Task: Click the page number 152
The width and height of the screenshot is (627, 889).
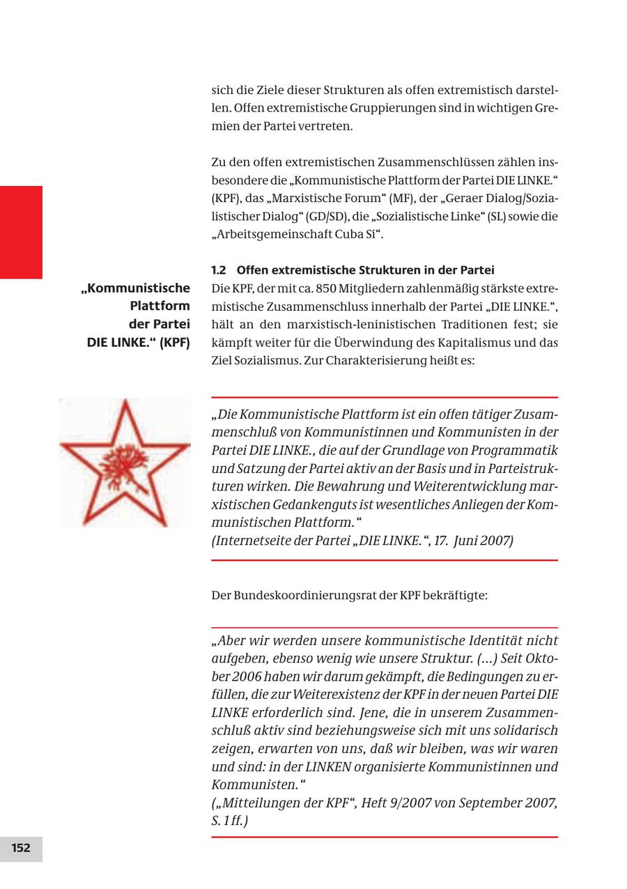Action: [x=21, y=848]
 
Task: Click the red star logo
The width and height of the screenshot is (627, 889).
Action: [x=125, y=462]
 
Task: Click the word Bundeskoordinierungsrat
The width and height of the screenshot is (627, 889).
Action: [x=306, y=596]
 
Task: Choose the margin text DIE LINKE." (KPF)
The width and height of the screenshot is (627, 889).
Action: [x=138, y=342]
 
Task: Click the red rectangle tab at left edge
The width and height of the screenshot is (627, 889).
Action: [x=21, y=232]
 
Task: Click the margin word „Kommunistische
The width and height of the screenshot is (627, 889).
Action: [x=137, y=288]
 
